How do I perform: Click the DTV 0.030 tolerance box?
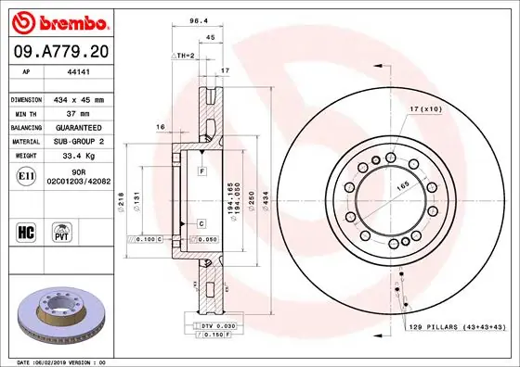point(214,327)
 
